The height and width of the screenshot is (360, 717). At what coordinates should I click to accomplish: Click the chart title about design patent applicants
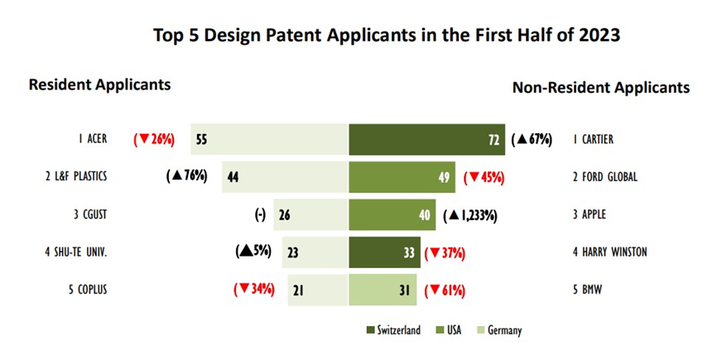tap(387, 36)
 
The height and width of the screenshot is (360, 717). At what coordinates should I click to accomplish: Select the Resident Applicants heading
tap(99, 85)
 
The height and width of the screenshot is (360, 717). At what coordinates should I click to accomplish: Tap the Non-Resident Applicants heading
tap(601, 87)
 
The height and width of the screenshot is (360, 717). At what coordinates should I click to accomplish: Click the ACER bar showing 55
tap(270, 139)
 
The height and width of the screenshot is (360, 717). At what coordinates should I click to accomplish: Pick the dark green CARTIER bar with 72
tap(427, 139)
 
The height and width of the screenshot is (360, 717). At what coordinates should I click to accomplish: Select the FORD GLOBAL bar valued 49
tap(402, 177)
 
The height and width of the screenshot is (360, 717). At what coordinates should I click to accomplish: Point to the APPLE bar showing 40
tap(392, 214)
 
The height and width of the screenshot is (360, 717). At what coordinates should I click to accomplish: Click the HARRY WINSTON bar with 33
tap(384, 252)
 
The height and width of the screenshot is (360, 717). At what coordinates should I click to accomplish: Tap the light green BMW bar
tap(383, 290)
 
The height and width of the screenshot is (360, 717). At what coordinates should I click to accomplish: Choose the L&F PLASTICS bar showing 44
tap(286, 177)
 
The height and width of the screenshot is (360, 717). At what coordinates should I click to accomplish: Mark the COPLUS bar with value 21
tap(318, 290)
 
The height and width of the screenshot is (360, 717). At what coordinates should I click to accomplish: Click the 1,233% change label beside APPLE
tap(470, 215)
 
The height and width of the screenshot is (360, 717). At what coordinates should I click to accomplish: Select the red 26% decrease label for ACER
tap(154, 139)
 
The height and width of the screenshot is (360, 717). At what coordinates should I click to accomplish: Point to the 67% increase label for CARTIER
tap(532, 139)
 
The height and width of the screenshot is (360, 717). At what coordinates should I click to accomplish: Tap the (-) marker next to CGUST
tap(260, 214)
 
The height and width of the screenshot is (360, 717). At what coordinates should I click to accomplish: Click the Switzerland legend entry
tap(393, 330)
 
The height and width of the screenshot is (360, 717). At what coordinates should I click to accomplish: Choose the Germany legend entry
tap(499, 330)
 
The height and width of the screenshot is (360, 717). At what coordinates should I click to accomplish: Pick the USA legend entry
tap(449, 330)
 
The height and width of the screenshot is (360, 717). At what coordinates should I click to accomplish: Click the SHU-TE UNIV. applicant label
tap(76, 252)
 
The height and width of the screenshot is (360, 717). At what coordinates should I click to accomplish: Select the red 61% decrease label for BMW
tap(445, 290)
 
